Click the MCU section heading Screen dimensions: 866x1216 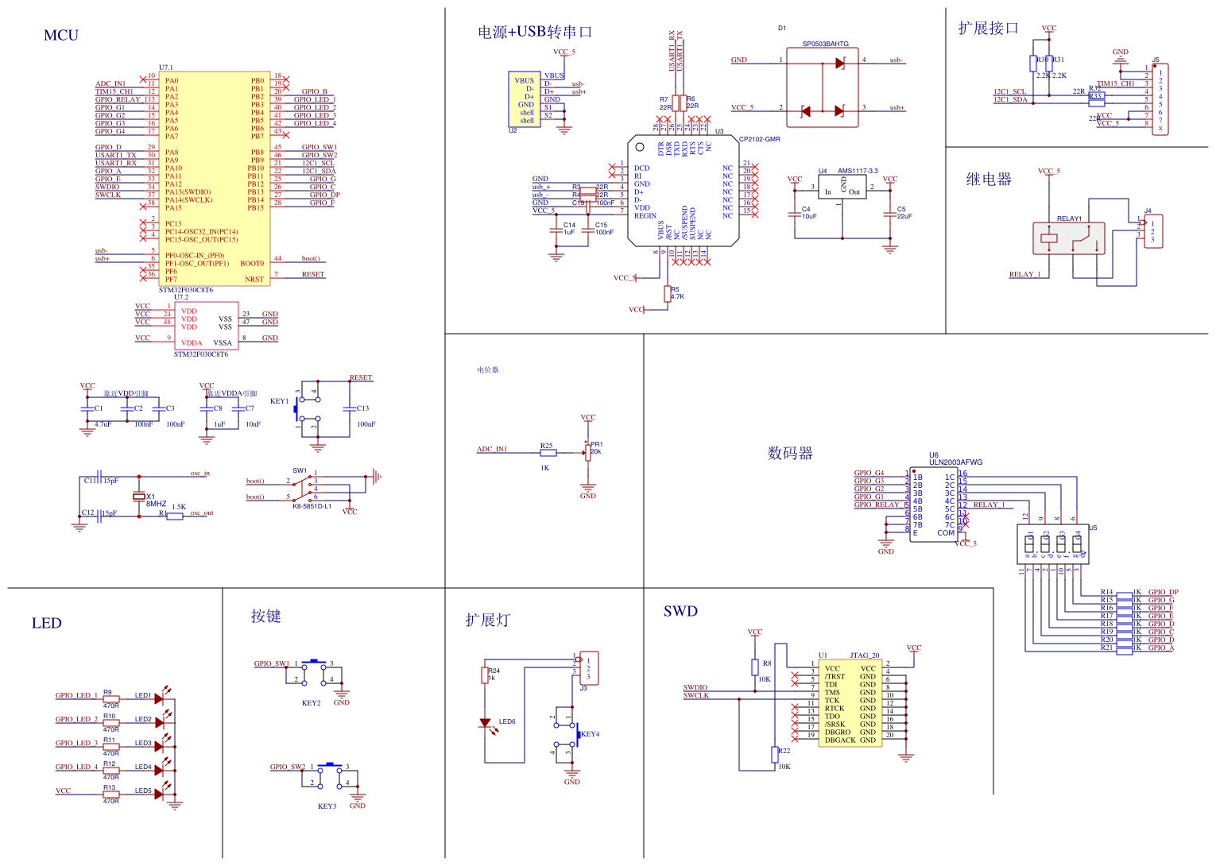coord(61,35)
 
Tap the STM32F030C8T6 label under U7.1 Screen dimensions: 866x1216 coord(185,290)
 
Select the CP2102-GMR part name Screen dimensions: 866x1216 coord(760,139)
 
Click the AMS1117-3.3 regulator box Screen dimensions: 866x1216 coord(842,188)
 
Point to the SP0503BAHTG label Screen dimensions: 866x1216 coord(825,44)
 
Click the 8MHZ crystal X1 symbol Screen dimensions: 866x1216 coord(139,497)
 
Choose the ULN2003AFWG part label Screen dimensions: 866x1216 coord(955,462)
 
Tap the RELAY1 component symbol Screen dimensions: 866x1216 coord(1068,238)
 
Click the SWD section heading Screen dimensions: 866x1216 coord(680,611)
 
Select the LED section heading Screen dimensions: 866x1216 coord(46,623)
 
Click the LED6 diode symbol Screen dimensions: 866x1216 coord(485,723)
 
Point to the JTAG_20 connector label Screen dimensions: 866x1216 coord(865,655)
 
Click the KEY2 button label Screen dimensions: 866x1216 coord(311,703)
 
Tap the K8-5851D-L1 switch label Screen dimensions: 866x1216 coord(312,506)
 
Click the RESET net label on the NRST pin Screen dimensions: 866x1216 coord(312,275)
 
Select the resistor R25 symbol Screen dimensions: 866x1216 coord(548,453)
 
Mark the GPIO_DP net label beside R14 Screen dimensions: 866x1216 coord(1163,592)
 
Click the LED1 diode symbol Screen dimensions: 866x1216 coord(159,699)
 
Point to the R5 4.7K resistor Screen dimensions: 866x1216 coord(668,294)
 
